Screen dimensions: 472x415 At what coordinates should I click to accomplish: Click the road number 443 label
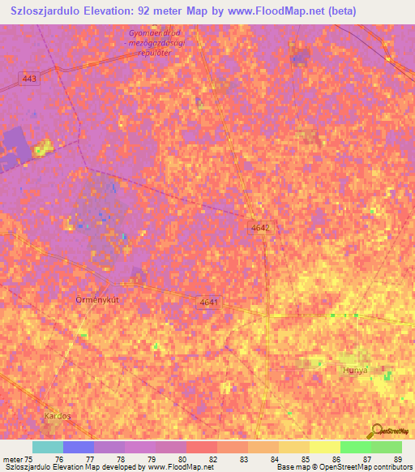(30, 78)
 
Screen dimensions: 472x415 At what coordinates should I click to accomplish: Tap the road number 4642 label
(259, 229)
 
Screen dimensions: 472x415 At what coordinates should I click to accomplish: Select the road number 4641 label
(209, 302)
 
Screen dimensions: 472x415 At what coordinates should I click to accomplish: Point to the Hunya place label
(355, 369)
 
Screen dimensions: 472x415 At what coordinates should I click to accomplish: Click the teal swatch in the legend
(47, 447)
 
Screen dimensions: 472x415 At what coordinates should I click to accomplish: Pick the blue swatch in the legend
(79, 447)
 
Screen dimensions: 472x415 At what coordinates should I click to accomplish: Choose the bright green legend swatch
(355, 447)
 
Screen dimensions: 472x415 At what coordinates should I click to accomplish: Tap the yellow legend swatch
(324, 447)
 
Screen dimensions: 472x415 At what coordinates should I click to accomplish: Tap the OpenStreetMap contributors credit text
(344, 467)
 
